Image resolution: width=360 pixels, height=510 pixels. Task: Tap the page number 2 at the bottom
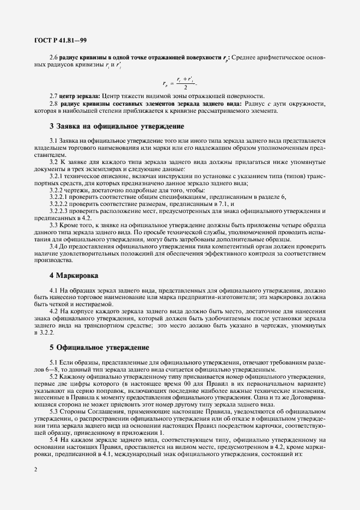[35, 468]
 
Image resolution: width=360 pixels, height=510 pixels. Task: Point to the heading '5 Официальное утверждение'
[100, 347]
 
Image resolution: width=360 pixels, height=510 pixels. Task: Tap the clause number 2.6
[54, 57]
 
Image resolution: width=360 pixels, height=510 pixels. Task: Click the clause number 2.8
[54, 104]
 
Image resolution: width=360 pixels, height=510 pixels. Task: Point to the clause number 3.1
[54, 141]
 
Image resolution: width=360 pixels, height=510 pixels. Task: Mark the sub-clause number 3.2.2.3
[58, 210]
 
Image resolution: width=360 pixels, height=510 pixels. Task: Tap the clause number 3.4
[54, 246]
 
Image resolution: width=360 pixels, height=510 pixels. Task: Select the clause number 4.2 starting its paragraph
[54, 311]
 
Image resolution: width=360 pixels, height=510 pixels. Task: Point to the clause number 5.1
[54, 362]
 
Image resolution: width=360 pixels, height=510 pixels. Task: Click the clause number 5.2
[54, 377]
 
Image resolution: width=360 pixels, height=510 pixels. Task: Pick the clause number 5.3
[54, 412]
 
